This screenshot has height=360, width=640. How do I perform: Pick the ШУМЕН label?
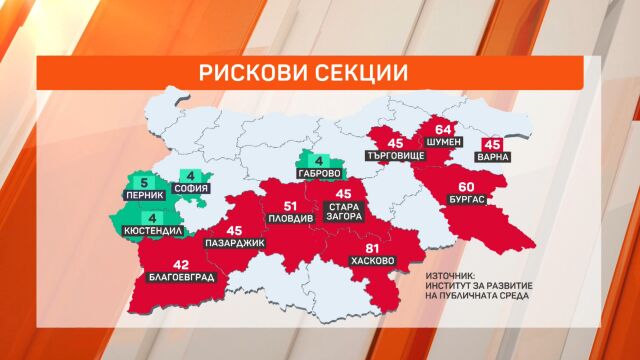pos(445,143)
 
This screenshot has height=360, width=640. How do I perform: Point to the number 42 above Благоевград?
pos(180,264)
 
